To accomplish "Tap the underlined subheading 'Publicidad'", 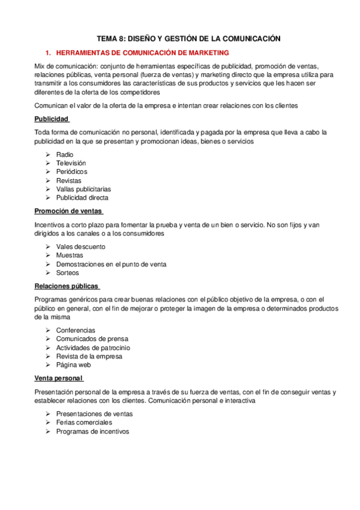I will pos(52,118).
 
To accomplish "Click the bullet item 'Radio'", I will pos(65,155).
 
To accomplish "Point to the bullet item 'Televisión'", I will pos(71,163).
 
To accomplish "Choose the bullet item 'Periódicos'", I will pos(72,171).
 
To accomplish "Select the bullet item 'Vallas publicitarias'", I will pos(83,189).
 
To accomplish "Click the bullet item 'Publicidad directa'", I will pos(82,197).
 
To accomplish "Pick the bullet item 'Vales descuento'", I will pos(81,247).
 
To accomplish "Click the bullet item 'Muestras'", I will pos(70,255).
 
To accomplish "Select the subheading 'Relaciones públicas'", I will pos(66,286).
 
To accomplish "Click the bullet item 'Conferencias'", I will pos(76,330).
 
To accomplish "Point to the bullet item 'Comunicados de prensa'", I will pos(92,339).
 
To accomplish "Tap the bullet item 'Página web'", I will pos(73,364).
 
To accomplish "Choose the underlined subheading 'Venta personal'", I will pos(58,378).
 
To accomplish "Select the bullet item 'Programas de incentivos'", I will pos(93,431).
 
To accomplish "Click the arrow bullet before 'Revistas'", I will pos(47,180).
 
